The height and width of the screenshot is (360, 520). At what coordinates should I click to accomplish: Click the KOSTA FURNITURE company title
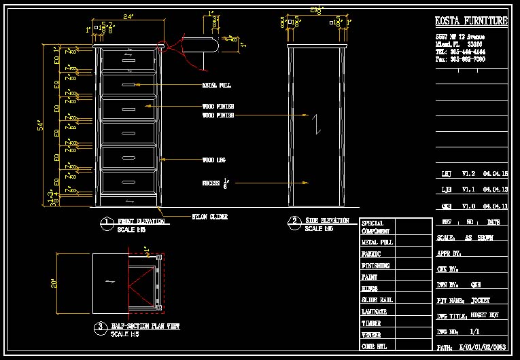471,21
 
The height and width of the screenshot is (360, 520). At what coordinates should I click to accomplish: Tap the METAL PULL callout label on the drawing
216,86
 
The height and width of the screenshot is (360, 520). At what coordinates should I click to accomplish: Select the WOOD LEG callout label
213,160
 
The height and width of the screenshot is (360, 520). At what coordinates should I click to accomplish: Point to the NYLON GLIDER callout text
209,217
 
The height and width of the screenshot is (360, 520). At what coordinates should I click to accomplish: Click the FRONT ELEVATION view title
141,221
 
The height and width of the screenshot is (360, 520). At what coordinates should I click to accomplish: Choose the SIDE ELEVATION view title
327,221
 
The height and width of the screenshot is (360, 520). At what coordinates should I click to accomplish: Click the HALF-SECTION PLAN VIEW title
145,327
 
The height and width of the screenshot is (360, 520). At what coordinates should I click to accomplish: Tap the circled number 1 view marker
106,222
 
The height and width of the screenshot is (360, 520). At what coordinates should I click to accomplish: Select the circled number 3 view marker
99,327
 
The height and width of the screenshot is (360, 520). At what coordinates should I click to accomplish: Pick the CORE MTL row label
375,346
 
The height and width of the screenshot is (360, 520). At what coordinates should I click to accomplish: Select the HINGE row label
370,289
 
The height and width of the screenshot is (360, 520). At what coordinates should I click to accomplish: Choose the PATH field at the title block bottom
471,347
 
